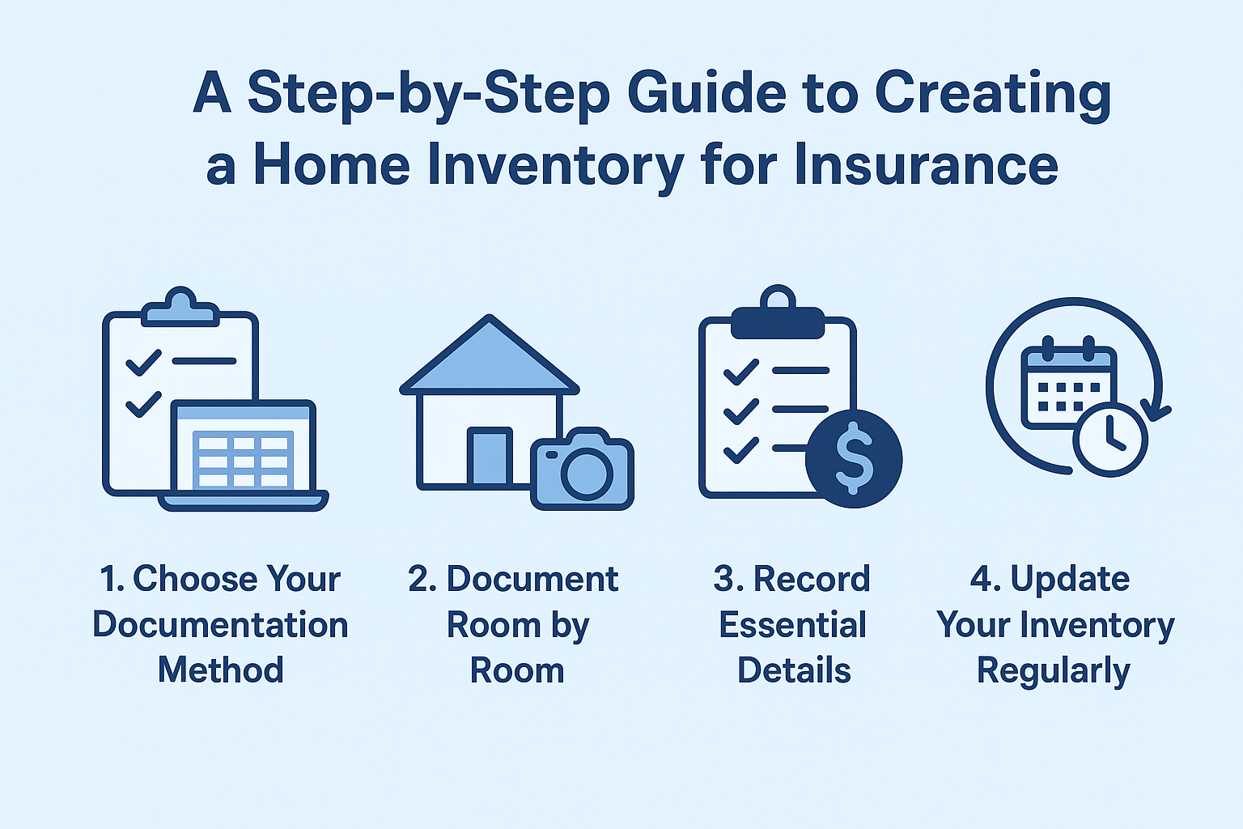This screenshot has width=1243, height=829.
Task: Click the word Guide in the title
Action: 707,92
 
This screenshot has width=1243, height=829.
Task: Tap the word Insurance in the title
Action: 926,164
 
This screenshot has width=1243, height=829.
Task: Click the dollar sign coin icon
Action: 854,459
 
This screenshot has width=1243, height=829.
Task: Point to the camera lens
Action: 587,474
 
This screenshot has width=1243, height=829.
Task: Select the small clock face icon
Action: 1109,440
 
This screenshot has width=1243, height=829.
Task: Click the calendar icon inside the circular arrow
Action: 1069,383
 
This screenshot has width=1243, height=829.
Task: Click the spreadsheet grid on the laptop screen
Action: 243,460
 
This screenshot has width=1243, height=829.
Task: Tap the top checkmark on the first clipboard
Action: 143,363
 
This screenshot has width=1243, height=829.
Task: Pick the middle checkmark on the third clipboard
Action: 741,411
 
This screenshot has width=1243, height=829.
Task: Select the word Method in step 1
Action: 221,670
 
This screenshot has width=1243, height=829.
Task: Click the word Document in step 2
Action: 532,579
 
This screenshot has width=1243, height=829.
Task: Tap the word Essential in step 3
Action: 792,625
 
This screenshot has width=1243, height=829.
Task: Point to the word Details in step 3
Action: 794,670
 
